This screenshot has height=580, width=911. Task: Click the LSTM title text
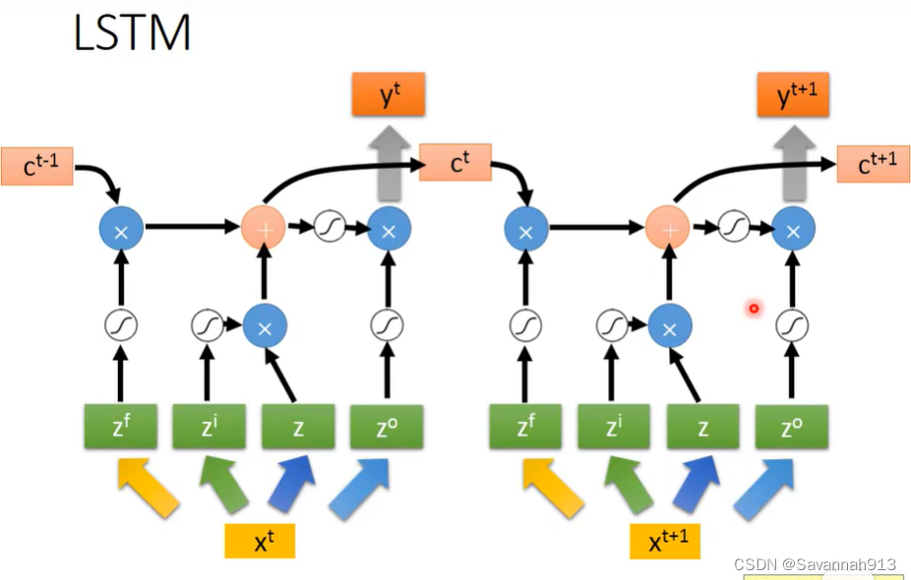click(132, 32)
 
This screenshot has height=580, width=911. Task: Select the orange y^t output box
click(388, 94)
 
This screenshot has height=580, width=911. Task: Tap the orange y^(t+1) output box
click(793, 94)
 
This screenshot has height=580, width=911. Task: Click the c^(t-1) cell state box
click(37, 166)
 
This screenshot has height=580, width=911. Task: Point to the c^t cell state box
click(455, 162)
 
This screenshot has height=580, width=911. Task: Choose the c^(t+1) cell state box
click(874, 164)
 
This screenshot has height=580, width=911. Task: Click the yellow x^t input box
click(260, 541)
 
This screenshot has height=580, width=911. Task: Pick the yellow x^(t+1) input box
click(665, 541)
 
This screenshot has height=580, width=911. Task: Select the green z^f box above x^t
click(121, 427)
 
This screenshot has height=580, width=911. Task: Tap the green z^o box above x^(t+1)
click(792, 427)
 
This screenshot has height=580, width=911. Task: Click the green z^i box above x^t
click(210, 427)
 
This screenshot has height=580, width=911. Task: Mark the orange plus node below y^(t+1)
click(668, 228)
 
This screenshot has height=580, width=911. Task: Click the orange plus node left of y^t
click(264, 228)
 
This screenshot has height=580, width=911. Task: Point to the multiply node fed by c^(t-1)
click(121, 229)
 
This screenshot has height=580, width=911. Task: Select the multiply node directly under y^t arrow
click(389, 229)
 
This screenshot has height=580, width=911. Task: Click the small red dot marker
click(754, 309)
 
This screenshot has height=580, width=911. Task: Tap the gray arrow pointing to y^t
click(390, 164)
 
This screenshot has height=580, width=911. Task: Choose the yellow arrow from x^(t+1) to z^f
click(553, 487)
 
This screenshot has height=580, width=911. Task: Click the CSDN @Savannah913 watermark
click(815, 564)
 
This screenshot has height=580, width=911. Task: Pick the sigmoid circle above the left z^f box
click(121, 325)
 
